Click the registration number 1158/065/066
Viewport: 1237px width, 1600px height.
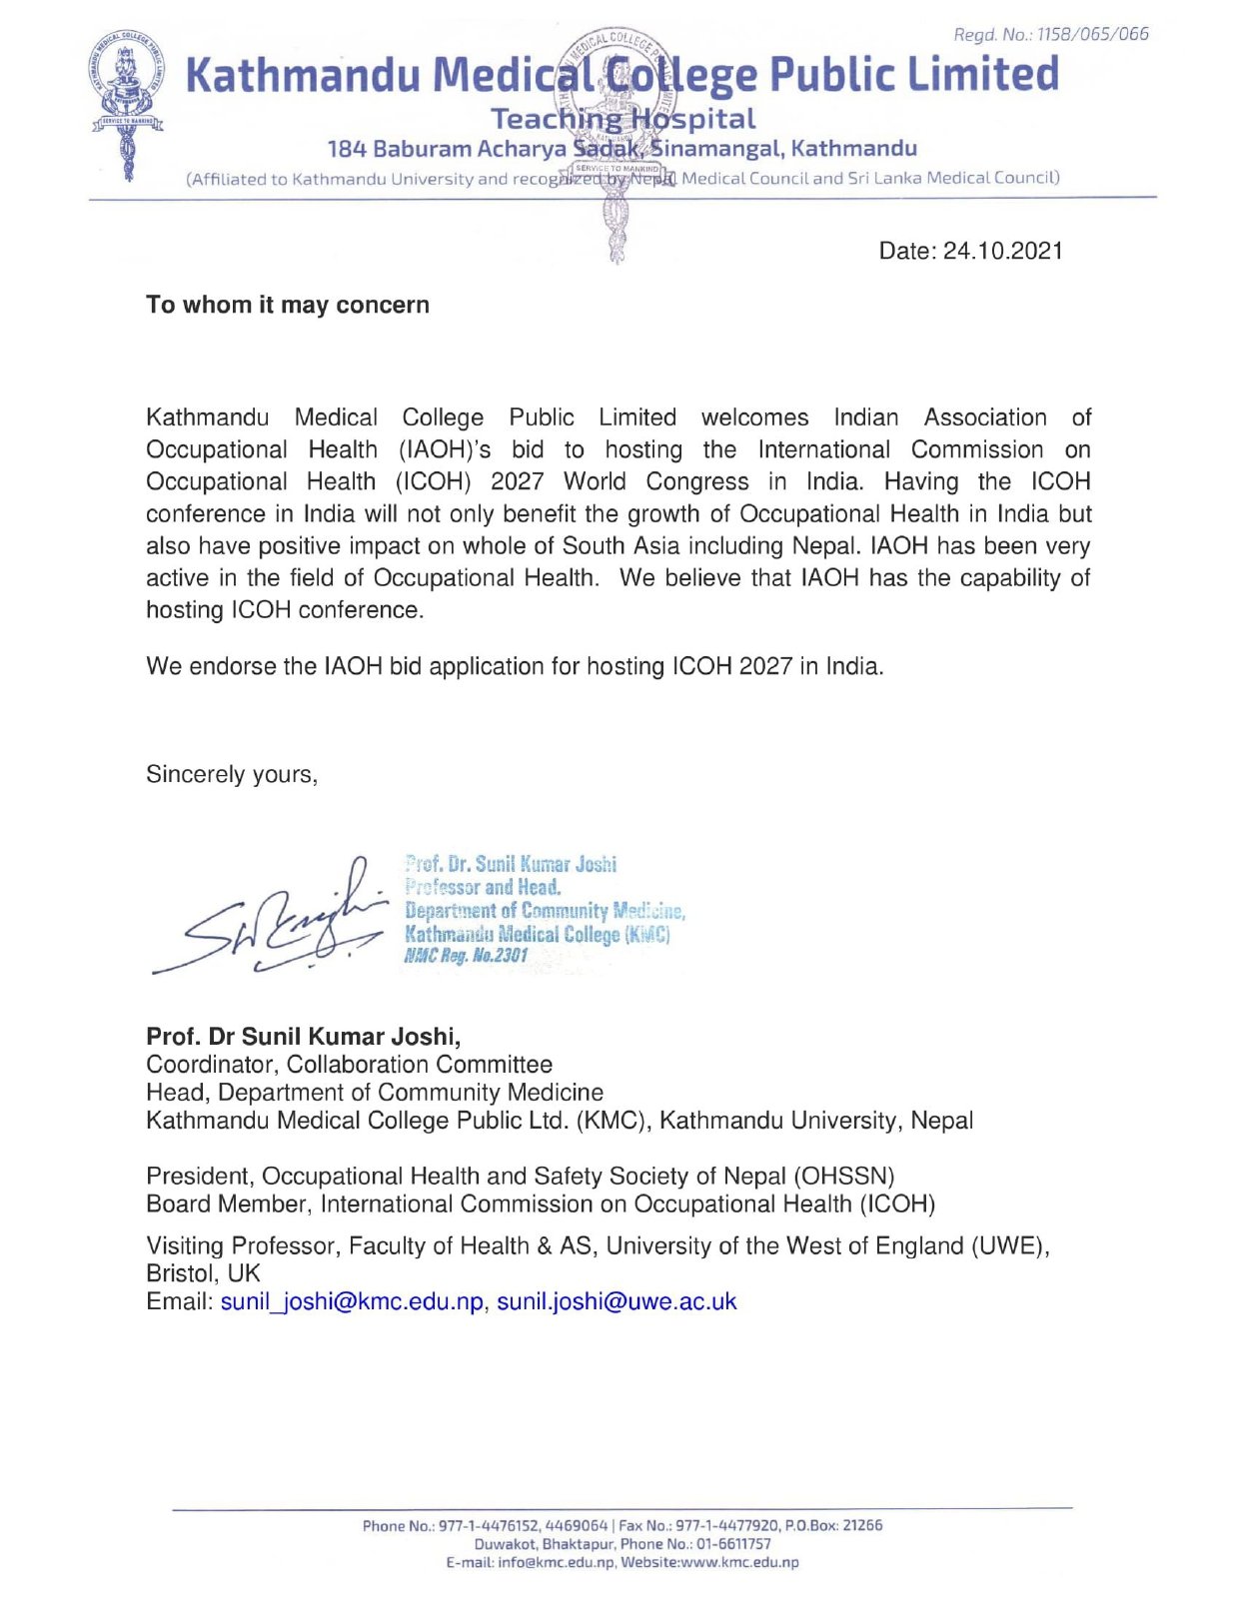(x=1092, y=35)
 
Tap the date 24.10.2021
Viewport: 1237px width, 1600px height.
(x=1002, y=251)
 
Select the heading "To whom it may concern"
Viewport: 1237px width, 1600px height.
(x=288, y=305)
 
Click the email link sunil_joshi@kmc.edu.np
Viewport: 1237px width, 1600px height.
(x=352, y=1301)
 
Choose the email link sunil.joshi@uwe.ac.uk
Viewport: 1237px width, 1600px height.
(x=617, y=1301)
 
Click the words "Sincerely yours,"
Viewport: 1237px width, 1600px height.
(x=232, y=774)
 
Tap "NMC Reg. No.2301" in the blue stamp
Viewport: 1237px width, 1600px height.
(x=466, y=956)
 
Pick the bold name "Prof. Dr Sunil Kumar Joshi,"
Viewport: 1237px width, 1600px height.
(x=304, y=1036)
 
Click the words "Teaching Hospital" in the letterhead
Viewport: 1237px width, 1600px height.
(x=622, y=119)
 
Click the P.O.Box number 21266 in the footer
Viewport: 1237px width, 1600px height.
(x=862, y=1525)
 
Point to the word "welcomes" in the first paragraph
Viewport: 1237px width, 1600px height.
(x=754, y=417)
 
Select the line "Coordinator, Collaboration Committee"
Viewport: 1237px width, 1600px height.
(x=349, y=1065)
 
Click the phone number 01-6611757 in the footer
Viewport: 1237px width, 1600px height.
(x=733, y=1544)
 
